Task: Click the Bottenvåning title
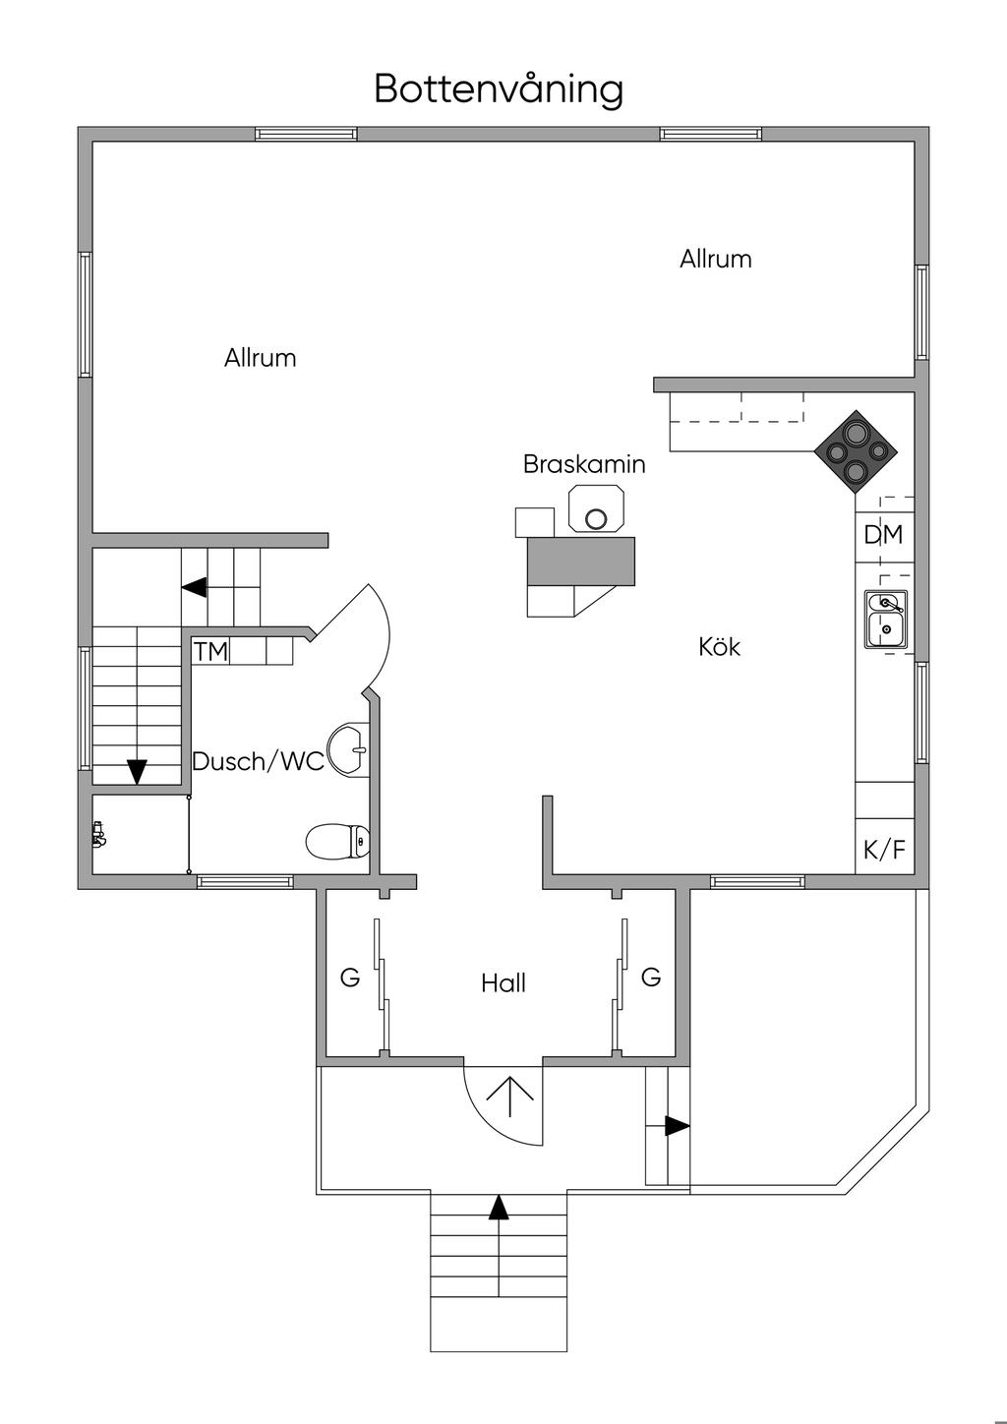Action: coord(499,89)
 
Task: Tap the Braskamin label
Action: coord(584,465)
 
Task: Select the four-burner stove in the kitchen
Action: coord(856,452)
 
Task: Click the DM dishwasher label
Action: coord(883,535)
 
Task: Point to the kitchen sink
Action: coord(886,620)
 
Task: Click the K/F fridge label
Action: coord(884,850)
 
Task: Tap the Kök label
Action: coord(720,647)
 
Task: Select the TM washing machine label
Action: coord(210,652)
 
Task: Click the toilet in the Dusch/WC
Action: coord(337,841)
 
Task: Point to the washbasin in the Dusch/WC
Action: coord(348,749)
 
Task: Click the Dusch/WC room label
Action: coord(258,761)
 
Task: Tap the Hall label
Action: coord(503,983)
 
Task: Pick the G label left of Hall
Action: coord(350,978)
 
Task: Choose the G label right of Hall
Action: coord(651,977)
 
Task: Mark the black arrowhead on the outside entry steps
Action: coord(499,1208)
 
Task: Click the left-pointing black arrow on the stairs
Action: coord(195,587)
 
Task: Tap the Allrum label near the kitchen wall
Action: coord(716,259)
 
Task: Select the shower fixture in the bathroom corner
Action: coord(98,834)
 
